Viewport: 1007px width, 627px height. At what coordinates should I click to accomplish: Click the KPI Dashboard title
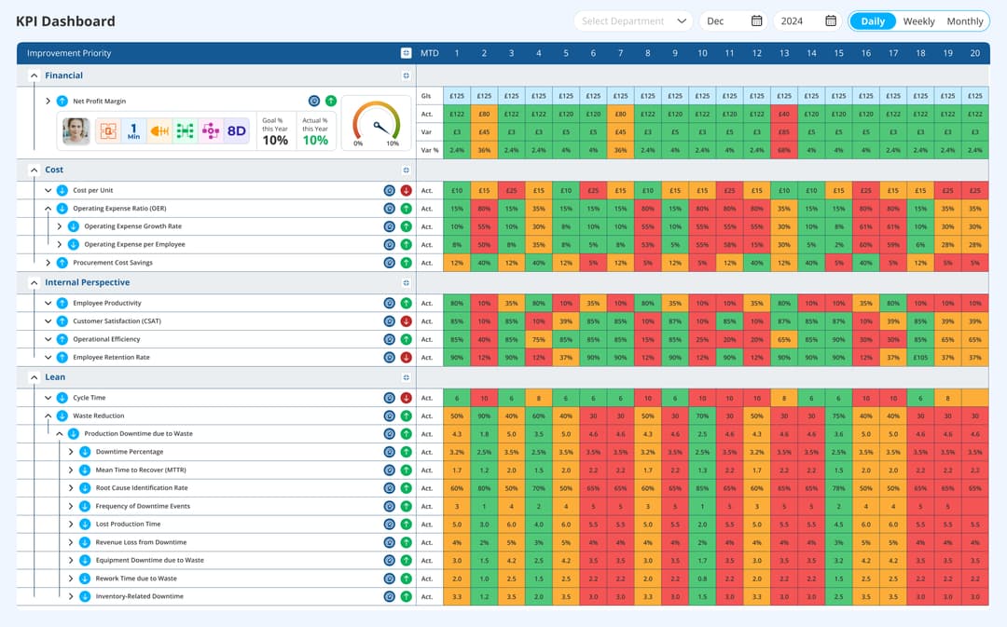pos(65,21)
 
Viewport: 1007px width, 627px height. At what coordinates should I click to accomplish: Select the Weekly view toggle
pos(918,21)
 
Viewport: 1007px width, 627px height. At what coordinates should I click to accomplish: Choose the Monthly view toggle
pos(964,21)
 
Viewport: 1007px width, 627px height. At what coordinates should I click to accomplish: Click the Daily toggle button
pos(873,21)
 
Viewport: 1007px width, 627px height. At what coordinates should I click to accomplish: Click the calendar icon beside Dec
pos(756,21)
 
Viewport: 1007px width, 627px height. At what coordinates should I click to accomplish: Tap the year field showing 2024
pos(793,21)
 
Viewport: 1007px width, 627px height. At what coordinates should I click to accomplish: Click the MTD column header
pos(429,53)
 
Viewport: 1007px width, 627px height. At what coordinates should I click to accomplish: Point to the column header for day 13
pos(784,53)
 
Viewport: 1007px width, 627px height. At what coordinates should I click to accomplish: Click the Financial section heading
pos(63,75)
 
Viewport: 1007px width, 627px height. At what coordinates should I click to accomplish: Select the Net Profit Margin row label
pos(99,101)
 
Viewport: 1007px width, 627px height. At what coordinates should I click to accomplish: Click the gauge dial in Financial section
pos(376,122)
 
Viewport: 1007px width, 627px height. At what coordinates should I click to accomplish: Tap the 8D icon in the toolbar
pos(236,131)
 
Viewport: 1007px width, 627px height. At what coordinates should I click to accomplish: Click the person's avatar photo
pos(76,131)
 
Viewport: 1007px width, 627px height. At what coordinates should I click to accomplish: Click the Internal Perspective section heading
pos(87,282)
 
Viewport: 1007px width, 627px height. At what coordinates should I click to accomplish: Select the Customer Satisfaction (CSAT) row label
pos(117,321)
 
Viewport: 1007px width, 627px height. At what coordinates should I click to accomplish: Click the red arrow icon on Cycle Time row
pos(406,398)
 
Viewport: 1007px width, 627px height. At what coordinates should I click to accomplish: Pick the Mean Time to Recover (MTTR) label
pos(141,470)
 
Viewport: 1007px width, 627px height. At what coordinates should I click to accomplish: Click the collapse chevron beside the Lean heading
pos(34,377)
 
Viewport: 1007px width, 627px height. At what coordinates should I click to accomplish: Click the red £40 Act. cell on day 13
pos(784,114)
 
